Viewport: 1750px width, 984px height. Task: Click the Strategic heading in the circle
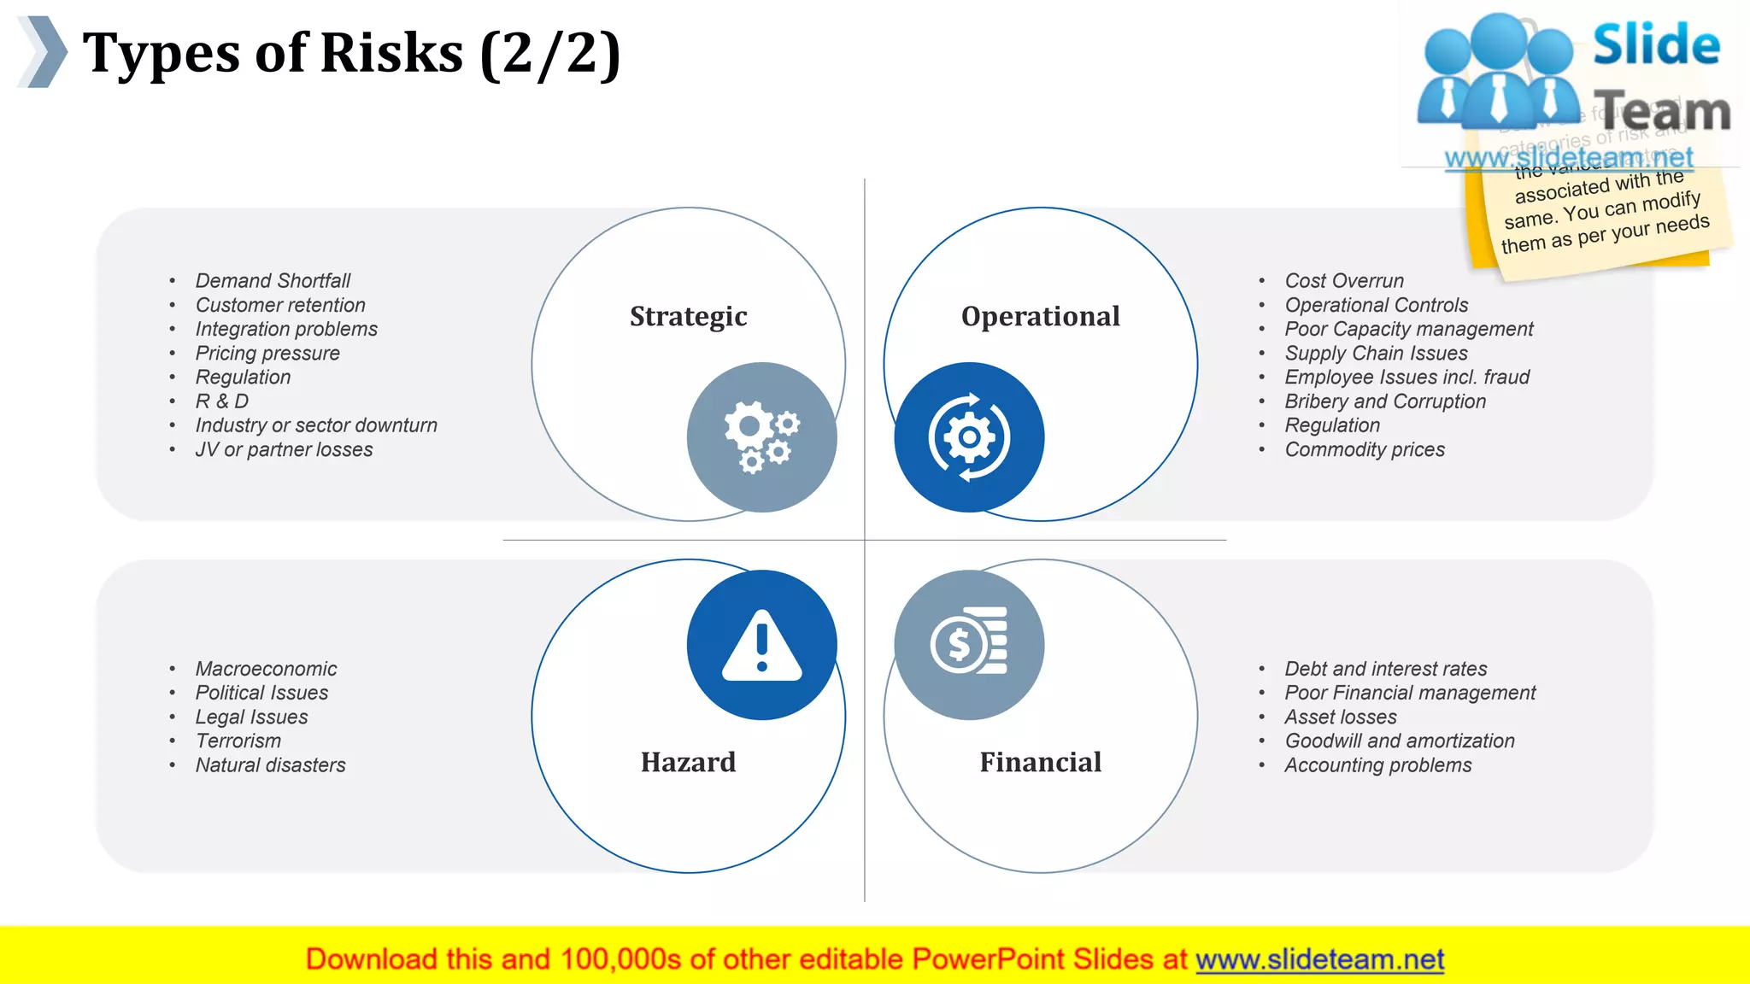click(688, 316)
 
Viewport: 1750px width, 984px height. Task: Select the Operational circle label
click(1040, 316)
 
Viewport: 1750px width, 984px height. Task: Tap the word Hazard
click(688, 762)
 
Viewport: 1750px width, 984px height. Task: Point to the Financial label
click(1040, 762)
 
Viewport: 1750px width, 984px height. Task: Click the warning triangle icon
click(761, 646)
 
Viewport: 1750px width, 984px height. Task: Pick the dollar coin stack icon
click(969, 642)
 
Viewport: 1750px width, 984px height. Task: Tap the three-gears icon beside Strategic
click(761, 437)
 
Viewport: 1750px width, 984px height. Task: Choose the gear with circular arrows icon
click(969, 437)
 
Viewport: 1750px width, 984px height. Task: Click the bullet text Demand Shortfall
click(273, 281)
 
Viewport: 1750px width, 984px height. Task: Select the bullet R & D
click(221, 401)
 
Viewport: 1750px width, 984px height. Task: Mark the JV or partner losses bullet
click(284, 449)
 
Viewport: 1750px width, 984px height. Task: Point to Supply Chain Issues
click(1376, 354)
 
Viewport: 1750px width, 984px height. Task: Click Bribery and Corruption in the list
click(1385, 401)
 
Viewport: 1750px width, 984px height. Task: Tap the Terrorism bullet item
click(238, 741)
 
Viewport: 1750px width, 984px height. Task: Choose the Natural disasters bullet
click(270, 765)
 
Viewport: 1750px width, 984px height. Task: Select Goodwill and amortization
click(1400, 741)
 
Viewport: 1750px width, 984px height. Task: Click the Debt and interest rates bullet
click(1385, 669)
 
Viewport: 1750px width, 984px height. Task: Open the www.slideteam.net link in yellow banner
click(1319, 959)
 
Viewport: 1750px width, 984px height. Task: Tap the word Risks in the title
click(391, 53)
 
